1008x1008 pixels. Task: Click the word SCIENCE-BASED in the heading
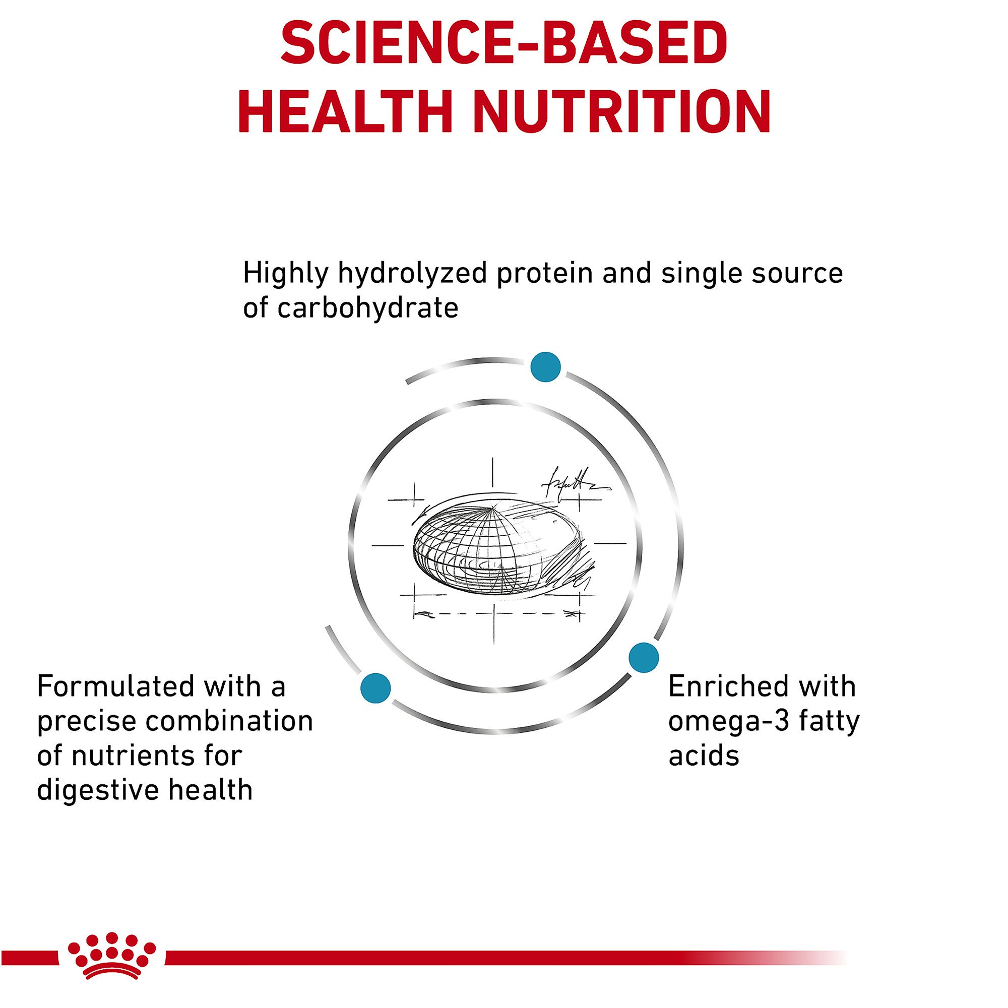[504, 44]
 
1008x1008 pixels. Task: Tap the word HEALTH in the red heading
[345, 112]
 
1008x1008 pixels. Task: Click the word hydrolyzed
[413, 274]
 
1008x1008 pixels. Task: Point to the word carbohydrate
[368, 307]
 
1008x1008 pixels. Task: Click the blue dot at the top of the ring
[545, 367]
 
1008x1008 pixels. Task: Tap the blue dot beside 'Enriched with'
[644, 657]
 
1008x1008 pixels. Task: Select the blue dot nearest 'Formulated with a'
[375, 688]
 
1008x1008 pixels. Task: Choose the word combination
[229, 722]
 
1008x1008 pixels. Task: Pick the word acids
[704, 756]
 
